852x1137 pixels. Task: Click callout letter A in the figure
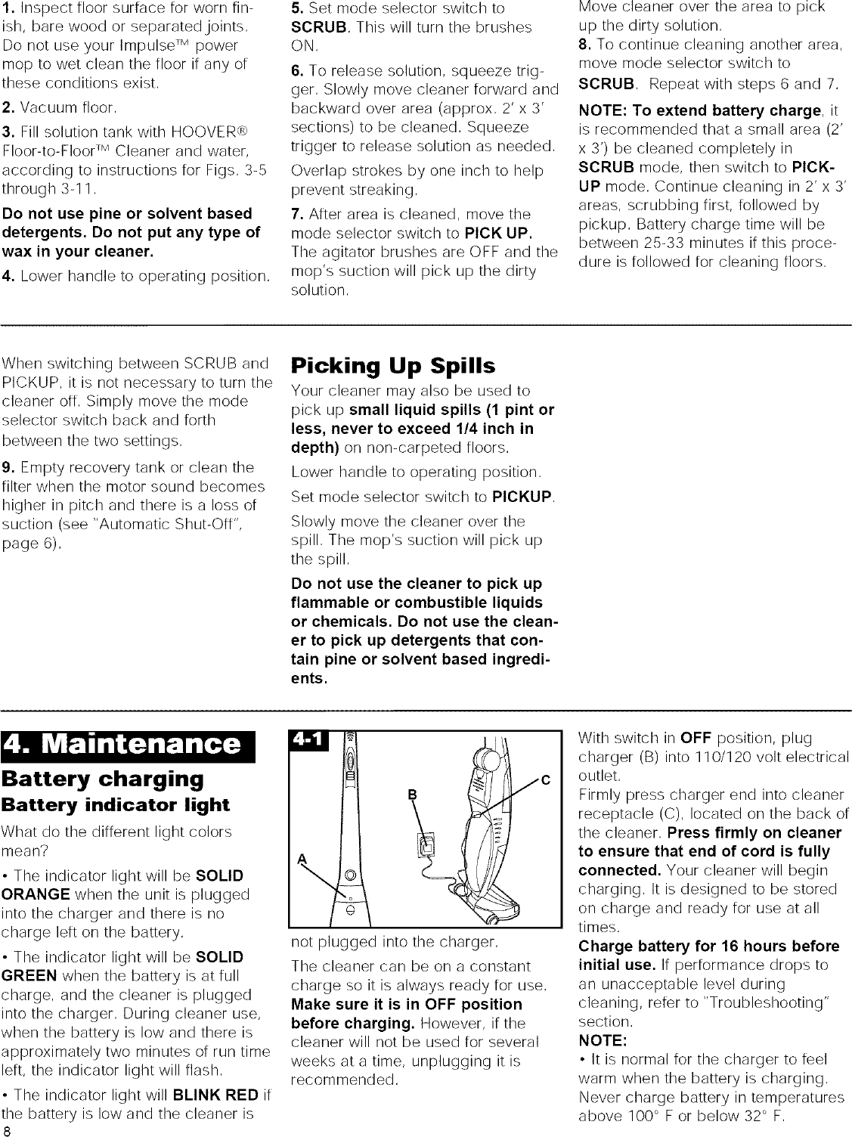(302, 857)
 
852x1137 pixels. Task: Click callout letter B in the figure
(412, 794)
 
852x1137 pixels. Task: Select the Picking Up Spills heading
(393, 367)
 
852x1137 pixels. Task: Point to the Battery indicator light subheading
(115, 804)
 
